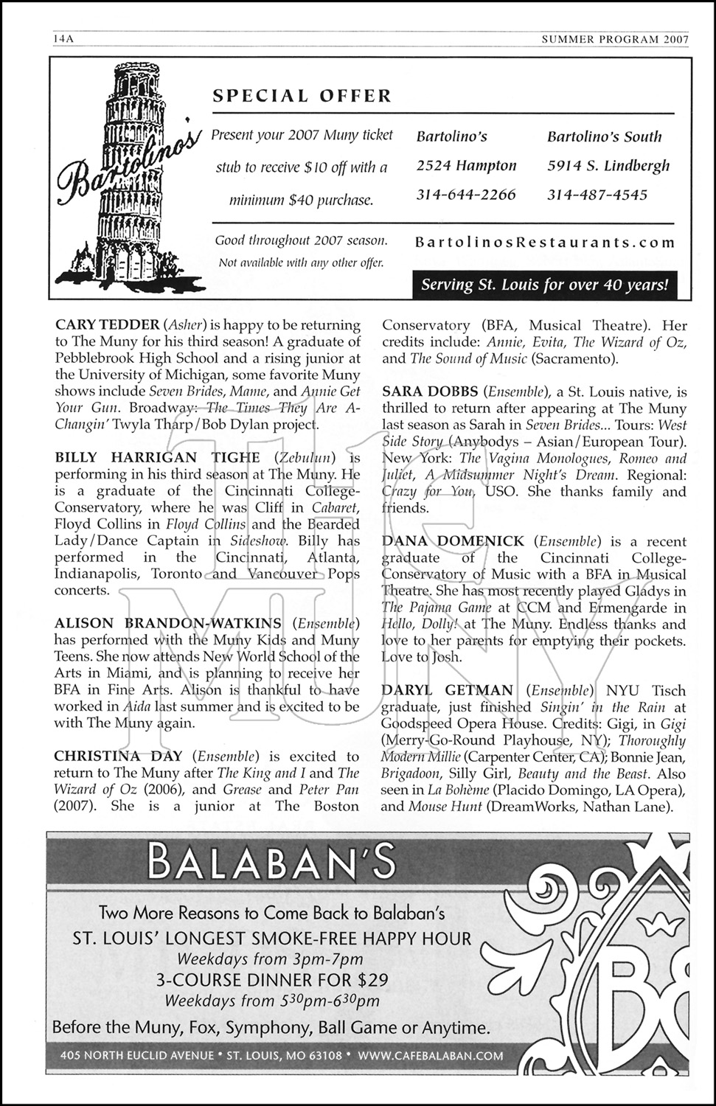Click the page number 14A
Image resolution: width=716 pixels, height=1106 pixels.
click(x=63, y=37)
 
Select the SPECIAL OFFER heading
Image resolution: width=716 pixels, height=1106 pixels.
click(x=302, y=96)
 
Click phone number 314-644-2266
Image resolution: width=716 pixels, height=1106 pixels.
click(x=466, y=195)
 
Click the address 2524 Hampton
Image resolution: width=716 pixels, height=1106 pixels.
click(x=466, y=165)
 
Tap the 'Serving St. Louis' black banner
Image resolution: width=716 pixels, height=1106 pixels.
click(x=544, y=284)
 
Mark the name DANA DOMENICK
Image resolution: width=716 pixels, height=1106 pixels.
click(x=453, y=541)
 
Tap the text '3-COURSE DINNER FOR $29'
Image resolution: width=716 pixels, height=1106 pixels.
click(x=273, y=981)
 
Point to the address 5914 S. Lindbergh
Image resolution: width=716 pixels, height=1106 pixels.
click(x=608, y=165)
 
